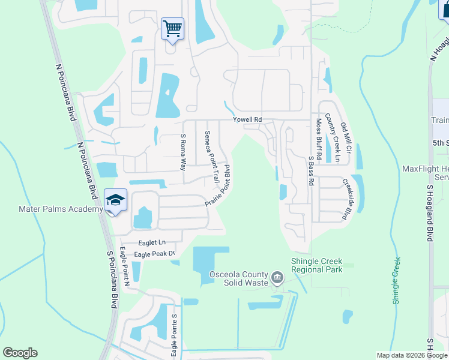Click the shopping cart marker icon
tap(172, 28)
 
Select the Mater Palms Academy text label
tap(57, 209)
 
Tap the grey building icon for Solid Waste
tap(277, 277)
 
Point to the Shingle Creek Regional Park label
tap(316, 265)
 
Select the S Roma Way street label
tap(184, 152)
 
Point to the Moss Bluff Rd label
tap(319, 139)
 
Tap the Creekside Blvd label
tap(346, 199)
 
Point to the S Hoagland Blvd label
tap(429, 214)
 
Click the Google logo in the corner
tap(20, 353)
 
